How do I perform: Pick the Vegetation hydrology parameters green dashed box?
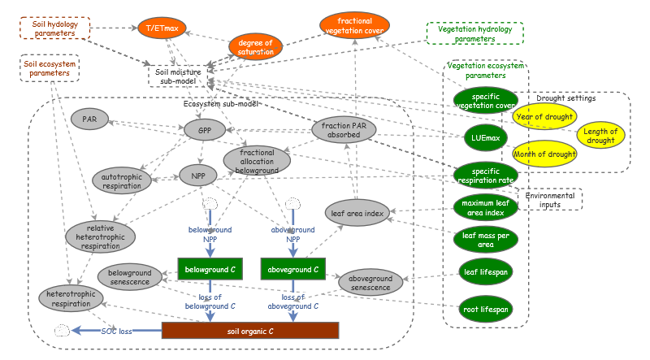[475, 33]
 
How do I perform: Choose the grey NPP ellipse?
[197, 174]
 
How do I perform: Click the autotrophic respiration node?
[123, 180]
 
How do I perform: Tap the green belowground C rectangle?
[210, 267]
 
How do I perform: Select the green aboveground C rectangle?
[292, 267]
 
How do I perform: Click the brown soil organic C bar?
[249, 331]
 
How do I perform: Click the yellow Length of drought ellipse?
[601, 137]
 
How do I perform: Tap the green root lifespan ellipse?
[485, 309]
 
